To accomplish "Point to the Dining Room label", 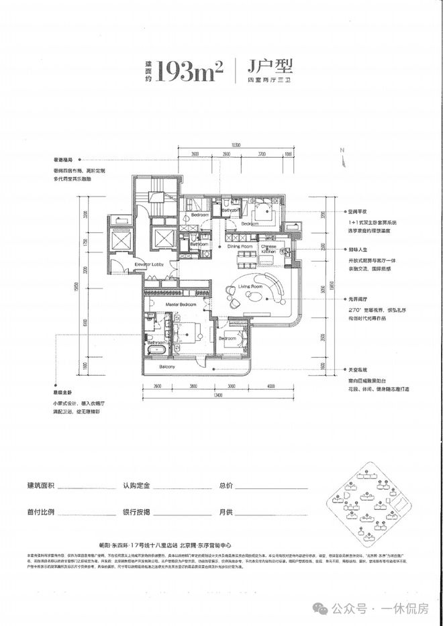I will point(240,246).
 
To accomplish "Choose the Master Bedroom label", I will point(181,305).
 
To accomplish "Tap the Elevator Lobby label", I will point(149,264).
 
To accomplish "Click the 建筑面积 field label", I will point(42,484).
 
